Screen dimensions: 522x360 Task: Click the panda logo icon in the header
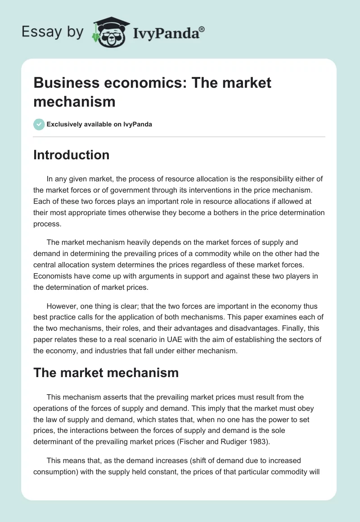tap(110, 32)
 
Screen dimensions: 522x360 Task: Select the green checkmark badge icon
tap(39, 124)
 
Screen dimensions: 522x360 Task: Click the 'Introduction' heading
tap(71, 155)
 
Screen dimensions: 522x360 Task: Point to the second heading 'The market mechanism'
tap(106, 373)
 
